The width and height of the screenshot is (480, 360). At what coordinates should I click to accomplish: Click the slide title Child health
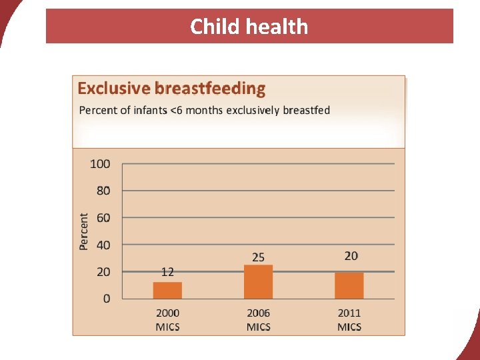point(249,27)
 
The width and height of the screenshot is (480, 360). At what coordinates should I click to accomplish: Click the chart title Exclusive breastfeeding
point(171,89)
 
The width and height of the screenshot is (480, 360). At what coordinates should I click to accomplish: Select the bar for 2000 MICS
point(167,290)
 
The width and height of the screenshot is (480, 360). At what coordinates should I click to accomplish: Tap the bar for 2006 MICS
point(258,281)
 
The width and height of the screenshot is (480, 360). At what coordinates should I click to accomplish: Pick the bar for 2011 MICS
point(349,285)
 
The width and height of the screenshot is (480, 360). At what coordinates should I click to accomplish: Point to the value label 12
point(167,272)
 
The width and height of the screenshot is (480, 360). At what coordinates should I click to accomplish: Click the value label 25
point(258,257)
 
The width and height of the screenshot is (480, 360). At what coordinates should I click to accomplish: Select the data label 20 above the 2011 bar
point(351,256)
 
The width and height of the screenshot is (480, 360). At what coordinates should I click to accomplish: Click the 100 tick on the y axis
point(101,164)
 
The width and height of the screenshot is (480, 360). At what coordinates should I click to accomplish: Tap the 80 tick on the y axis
point(103,191)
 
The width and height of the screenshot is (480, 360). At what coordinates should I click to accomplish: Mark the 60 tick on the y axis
point(103,218)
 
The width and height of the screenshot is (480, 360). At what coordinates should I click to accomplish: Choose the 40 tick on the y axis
point(103,245)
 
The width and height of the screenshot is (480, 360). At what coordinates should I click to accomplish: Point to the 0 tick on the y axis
point(107,299)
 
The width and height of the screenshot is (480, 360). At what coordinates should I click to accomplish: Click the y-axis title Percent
point(84,231)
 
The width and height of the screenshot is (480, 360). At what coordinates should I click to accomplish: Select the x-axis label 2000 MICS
point(167,319)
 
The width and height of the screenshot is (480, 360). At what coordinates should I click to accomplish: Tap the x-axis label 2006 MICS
point(258,319)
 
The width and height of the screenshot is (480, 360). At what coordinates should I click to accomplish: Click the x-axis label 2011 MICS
point(349,319)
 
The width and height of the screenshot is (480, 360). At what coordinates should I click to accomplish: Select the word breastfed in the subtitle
point(306,110)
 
